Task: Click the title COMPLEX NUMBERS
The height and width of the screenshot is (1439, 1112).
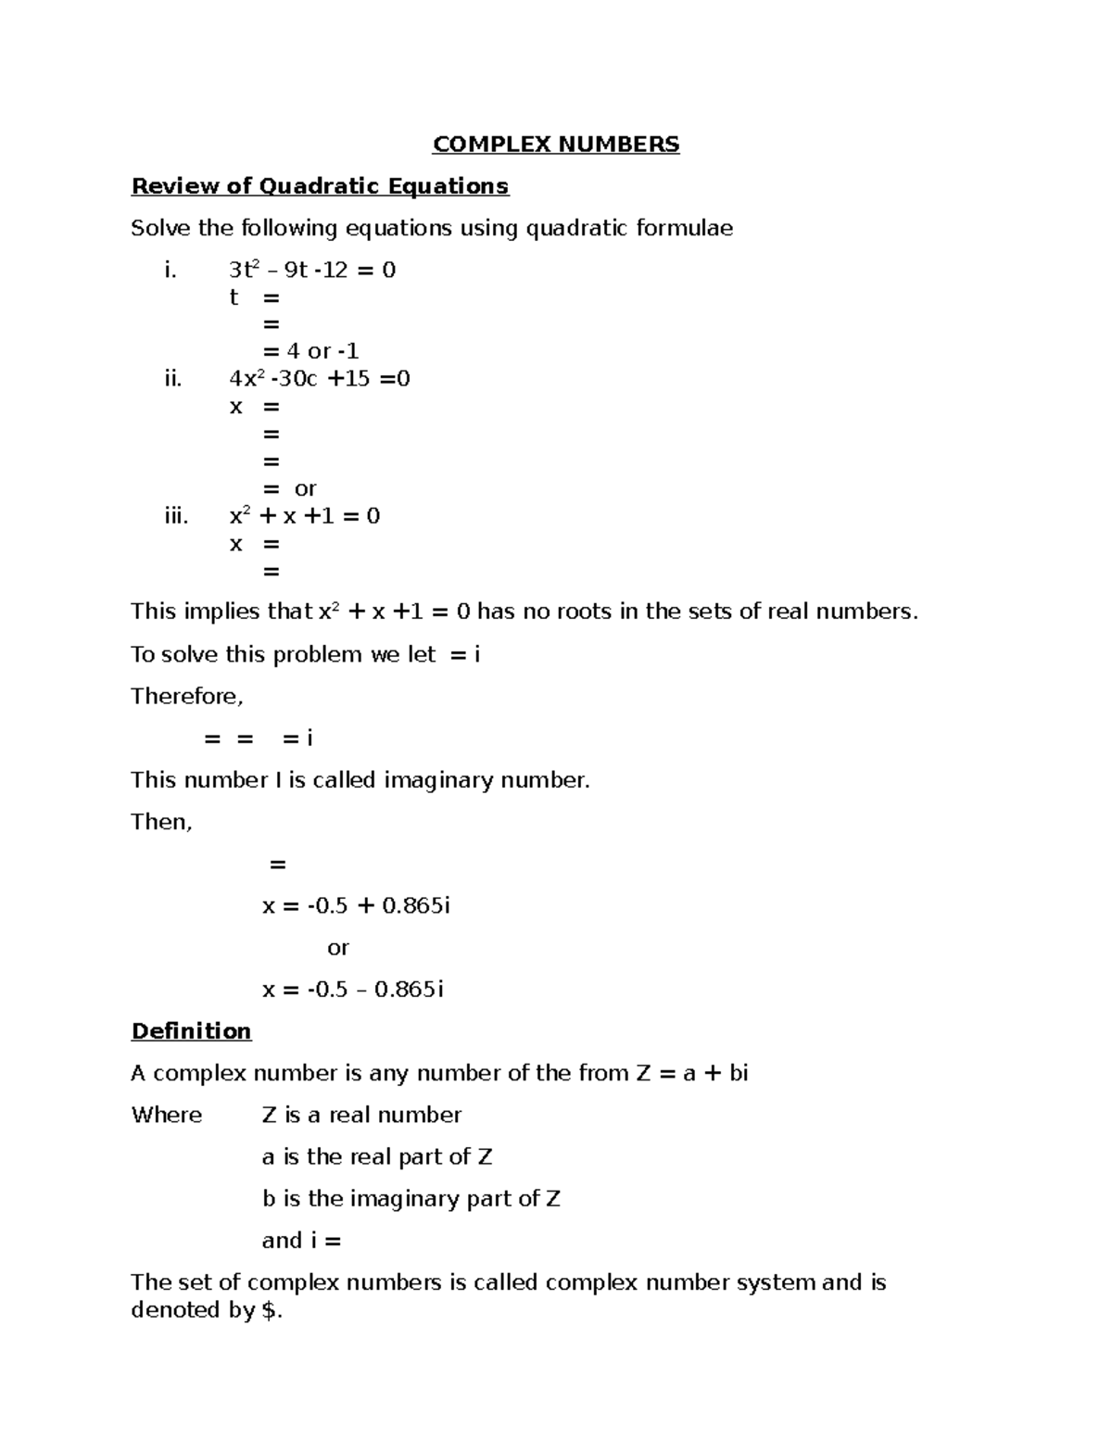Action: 556,145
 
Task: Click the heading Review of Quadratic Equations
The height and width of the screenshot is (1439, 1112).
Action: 320,186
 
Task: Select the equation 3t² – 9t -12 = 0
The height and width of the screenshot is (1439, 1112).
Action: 312,271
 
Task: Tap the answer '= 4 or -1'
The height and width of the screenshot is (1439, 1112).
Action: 310,351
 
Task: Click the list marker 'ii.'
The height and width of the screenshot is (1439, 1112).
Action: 172,378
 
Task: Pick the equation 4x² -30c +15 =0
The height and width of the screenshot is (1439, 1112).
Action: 320,378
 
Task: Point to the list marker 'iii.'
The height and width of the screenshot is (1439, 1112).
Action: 176,516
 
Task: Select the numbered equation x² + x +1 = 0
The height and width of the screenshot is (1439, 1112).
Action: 305,516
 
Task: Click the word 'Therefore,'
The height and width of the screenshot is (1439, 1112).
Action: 186,696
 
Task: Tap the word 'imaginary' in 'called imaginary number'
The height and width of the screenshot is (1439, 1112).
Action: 439,780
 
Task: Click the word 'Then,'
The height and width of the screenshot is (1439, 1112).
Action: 161,822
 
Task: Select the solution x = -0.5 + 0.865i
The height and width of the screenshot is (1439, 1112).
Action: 356,905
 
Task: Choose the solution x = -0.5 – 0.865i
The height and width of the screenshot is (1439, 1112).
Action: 353,990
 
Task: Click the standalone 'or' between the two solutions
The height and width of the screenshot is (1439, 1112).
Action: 338,948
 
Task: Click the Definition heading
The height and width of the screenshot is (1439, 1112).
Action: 191,1031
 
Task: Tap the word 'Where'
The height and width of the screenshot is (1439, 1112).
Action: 167,1115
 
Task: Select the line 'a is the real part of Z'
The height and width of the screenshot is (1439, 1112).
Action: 377,1156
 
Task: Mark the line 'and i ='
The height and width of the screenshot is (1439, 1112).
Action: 301,1241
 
